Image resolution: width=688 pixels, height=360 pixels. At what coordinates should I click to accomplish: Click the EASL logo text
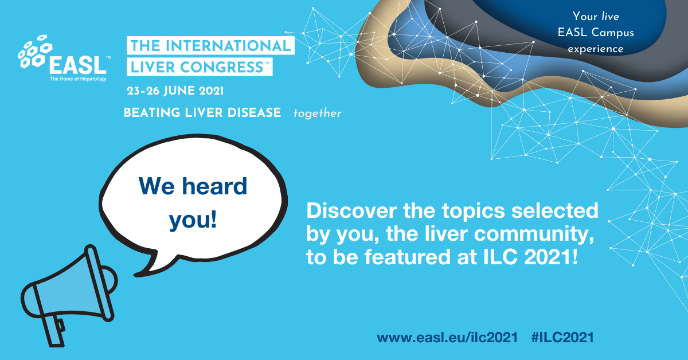tap(78, 65)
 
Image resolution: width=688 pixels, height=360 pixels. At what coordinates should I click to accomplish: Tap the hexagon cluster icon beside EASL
tap(35, 51)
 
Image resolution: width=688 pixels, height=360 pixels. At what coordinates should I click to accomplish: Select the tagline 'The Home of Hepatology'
tap(78, 79)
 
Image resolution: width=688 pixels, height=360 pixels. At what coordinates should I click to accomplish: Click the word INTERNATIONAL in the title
tap(228, 46)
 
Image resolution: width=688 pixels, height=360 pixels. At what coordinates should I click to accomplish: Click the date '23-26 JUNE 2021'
tap(175, 91)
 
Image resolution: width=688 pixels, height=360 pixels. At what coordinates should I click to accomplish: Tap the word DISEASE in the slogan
tap(255, 112)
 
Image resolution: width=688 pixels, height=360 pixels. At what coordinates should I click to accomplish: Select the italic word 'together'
tap(317, 114)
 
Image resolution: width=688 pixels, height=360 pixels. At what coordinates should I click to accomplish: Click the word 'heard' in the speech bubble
tap(214, 186)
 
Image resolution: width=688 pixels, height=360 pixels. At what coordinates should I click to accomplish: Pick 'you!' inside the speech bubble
tap(193, 220)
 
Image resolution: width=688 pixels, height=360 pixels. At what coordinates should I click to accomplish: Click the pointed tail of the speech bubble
tap(136, 274)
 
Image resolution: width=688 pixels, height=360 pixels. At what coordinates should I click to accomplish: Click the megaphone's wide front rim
tap(99, 283)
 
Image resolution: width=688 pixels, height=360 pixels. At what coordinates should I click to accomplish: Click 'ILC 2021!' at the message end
tap(531, 257)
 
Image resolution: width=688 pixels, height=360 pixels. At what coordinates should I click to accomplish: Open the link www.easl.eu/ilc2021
tap(448, 337)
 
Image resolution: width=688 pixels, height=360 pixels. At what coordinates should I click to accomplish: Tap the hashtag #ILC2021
tap(562, 337)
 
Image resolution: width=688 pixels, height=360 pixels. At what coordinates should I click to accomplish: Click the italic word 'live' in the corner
tap(610, 16)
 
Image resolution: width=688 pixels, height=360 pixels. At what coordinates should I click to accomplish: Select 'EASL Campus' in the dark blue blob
tap(596, 32)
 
